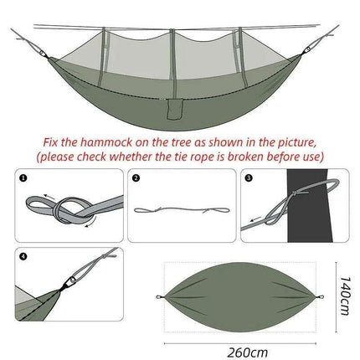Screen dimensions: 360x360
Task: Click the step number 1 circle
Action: [24, 178]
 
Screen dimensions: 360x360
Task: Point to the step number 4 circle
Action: [24, 257]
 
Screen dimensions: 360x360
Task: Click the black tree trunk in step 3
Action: [317, 205]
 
